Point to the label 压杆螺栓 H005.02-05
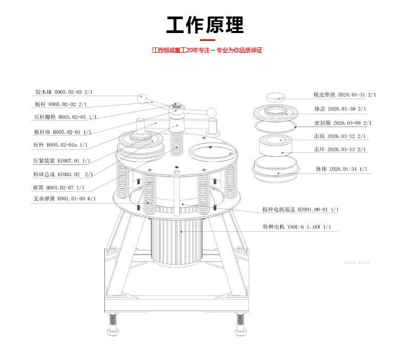64,117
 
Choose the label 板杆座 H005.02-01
62,131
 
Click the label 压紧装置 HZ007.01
62,160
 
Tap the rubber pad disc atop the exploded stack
280,96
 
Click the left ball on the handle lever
142,99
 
